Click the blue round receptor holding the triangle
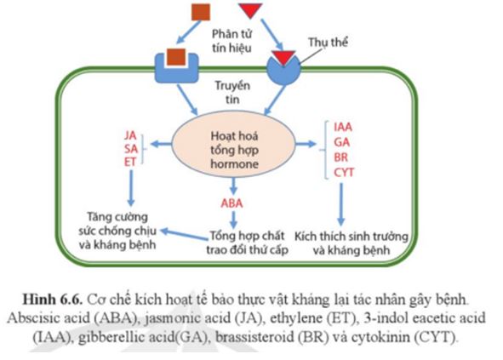click(x=281, y=69)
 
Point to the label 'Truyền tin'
click(x=231, y=94)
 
